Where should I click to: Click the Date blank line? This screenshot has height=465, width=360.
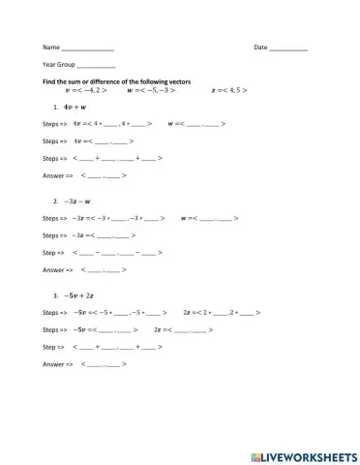click(288, 48)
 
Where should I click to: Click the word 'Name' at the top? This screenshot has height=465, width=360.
click(50, 47)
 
